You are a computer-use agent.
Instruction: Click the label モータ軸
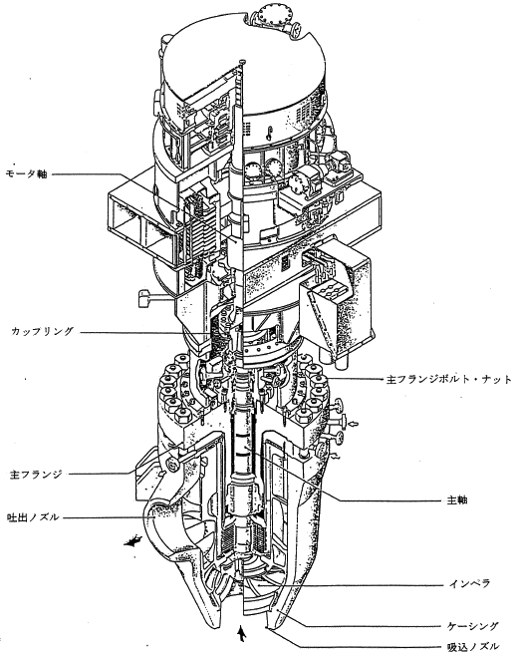tap(26, 174)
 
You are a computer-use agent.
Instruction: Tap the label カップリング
tap(43, 332)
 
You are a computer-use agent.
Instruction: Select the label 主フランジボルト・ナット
tap(448, 380)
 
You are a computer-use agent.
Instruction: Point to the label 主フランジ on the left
tap(36, 475)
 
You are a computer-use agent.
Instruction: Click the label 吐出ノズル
tap(33, 517)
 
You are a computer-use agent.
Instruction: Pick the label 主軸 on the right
tap(457, 499)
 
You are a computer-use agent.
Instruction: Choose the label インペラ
tap(469, 583)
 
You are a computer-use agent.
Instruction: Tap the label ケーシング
tap(473, 626)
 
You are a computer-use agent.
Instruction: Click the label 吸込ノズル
tap(473, 647)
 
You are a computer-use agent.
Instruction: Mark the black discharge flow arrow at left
tap(132, 541)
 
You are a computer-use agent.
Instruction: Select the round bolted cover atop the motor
tap(273, 17)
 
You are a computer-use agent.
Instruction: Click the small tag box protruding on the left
tap(144, 298)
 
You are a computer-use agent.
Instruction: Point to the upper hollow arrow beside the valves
tap(354, 425)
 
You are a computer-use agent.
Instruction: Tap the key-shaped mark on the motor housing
tap(271, 133)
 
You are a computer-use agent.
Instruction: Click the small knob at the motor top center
tap(242, 61)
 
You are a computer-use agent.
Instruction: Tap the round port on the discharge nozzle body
tap(170, 466)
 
